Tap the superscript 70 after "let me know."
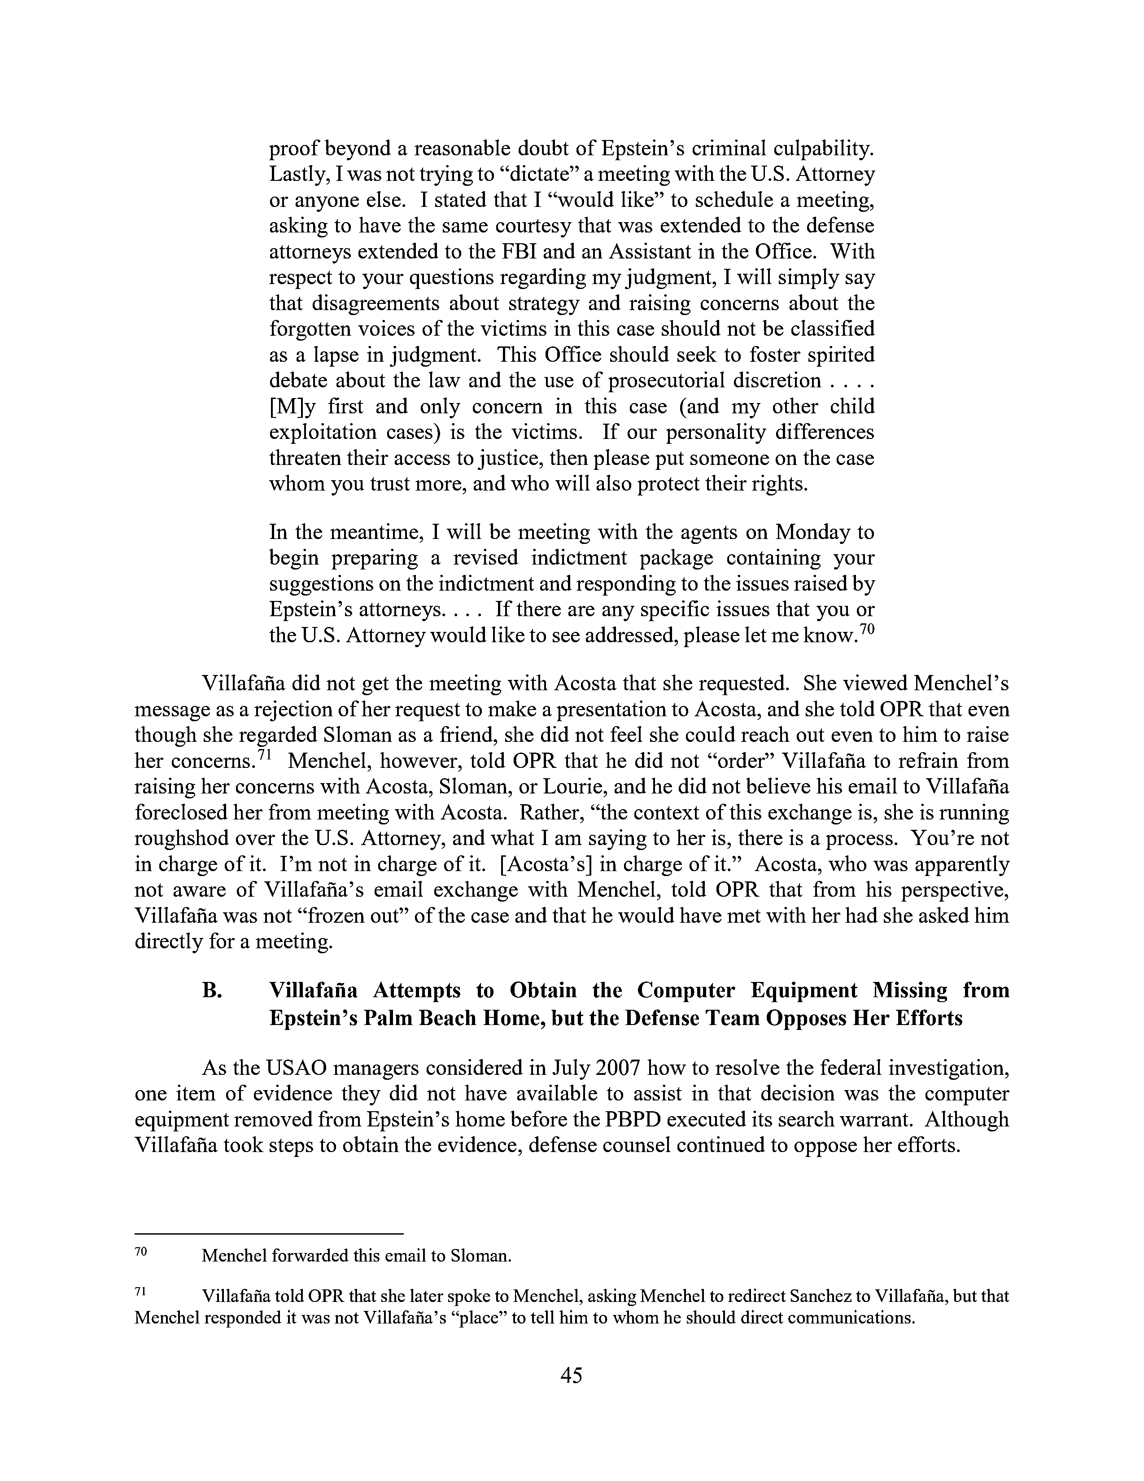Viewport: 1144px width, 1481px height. point(866,629)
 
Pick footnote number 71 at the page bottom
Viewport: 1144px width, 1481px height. point(141,1293)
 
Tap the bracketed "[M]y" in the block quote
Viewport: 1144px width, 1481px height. point(292,406)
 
